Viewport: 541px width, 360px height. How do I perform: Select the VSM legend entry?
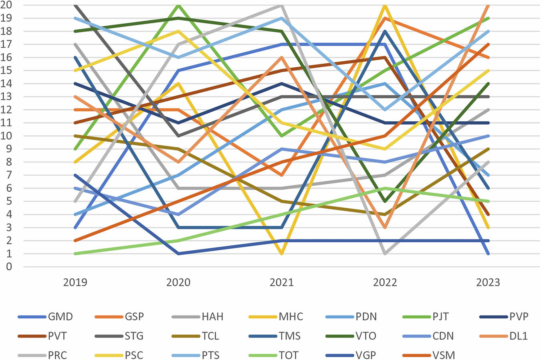pos(444,355)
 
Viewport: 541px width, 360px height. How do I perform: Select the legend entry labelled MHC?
pos(291,316)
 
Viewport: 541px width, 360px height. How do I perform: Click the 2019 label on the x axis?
pos(75,282)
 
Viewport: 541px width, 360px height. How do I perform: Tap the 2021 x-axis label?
pos(282,282)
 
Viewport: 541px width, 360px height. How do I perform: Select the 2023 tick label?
pos(488,282)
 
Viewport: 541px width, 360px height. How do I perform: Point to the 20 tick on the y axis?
pos(8,5)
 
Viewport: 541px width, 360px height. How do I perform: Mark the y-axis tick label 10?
pos(8,136)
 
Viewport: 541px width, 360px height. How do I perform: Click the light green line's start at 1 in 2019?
pos(75,253)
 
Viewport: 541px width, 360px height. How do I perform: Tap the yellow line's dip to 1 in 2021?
pos(282,253)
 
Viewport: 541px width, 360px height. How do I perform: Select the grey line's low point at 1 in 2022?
pos(385,253)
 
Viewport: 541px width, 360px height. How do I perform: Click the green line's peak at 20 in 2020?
pos(179,5)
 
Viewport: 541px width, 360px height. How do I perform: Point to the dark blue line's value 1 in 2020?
pos(179,253)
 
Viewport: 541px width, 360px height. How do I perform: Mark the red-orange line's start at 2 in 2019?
pos(75,241)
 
